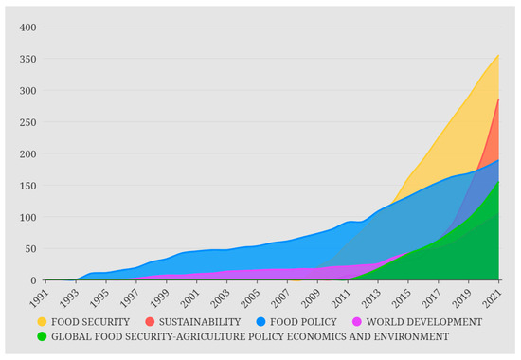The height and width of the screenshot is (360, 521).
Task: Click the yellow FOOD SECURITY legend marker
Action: (43, 321)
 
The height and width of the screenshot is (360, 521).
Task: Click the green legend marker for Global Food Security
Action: (43, 335)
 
